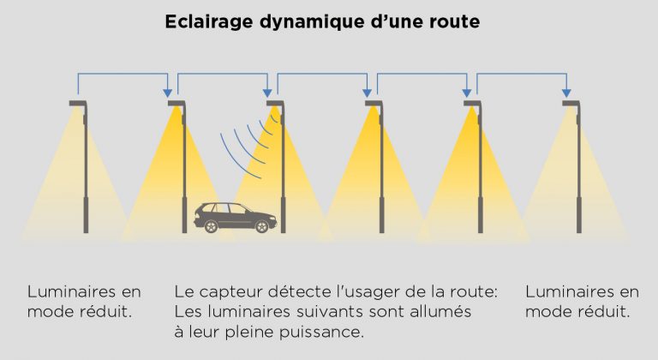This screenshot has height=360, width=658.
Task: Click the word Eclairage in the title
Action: click(208, 21)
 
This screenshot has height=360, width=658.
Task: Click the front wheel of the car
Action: click(262, 226)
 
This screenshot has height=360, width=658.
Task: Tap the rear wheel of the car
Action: click(211, 226)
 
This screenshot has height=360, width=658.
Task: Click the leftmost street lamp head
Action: click(79, 104)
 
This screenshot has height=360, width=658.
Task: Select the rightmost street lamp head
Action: click(571, 104)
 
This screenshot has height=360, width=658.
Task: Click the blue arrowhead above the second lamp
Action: click(167, 93)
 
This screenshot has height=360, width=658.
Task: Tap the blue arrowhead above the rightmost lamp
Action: click(566, 93)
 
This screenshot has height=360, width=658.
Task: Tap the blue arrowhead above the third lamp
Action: click(267, 93)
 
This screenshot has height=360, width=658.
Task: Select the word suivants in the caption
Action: click(329, 312)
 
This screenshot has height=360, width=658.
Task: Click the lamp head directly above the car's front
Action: click(276, 104)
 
